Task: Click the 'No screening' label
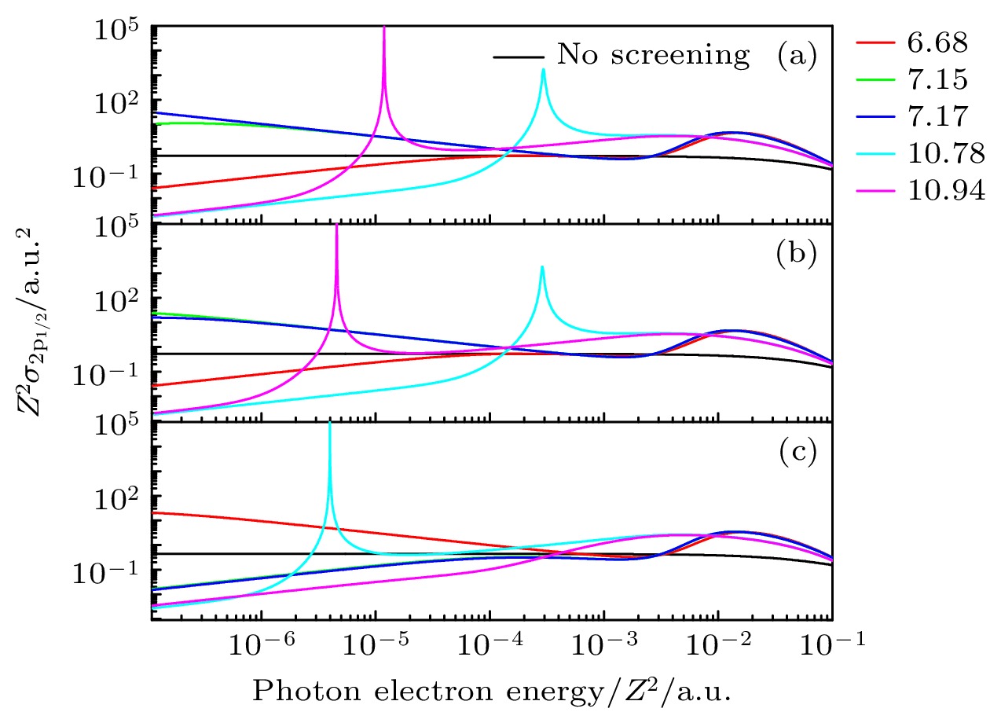tap(653, 55)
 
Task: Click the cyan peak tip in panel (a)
tap(543, 70)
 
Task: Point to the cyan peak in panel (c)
tap(329, 425)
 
